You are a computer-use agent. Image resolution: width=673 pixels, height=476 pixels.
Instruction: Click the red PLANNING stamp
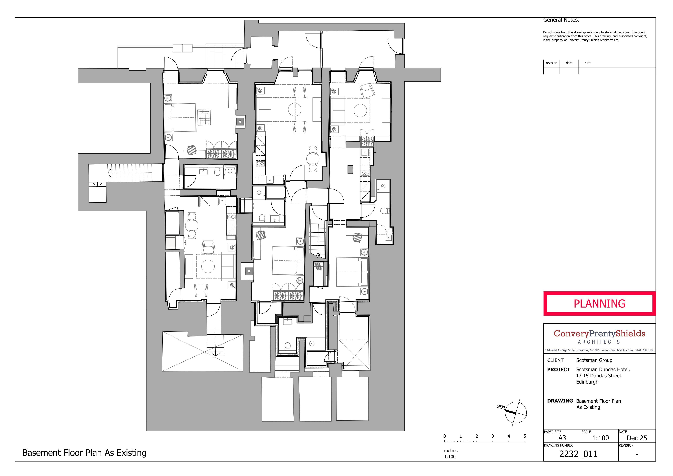[599, 304]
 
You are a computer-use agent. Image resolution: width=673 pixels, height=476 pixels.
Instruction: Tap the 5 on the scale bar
[525, 436]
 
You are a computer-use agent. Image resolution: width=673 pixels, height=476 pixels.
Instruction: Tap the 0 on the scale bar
[445, 436]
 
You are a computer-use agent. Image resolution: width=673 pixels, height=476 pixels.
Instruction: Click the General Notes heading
[561, 20]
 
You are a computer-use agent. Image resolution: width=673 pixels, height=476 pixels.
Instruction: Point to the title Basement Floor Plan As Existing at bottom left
[84, 453]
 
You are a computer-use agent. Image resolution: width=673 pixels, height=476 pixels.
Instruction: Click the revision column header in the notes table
[551, 63]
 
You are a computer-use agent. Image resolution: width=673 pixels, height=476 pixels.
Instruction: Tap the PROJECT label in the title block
[558, 369]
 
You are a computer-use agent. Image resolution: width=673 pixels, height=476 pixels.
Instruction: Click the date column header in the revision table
[569, 63]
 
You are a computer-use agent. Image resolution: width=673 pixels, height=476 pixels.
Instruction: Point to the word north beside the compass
[501, 406]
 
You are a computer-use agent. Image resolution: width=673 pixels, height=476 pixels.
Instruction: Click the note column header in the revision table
[588, 63]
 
